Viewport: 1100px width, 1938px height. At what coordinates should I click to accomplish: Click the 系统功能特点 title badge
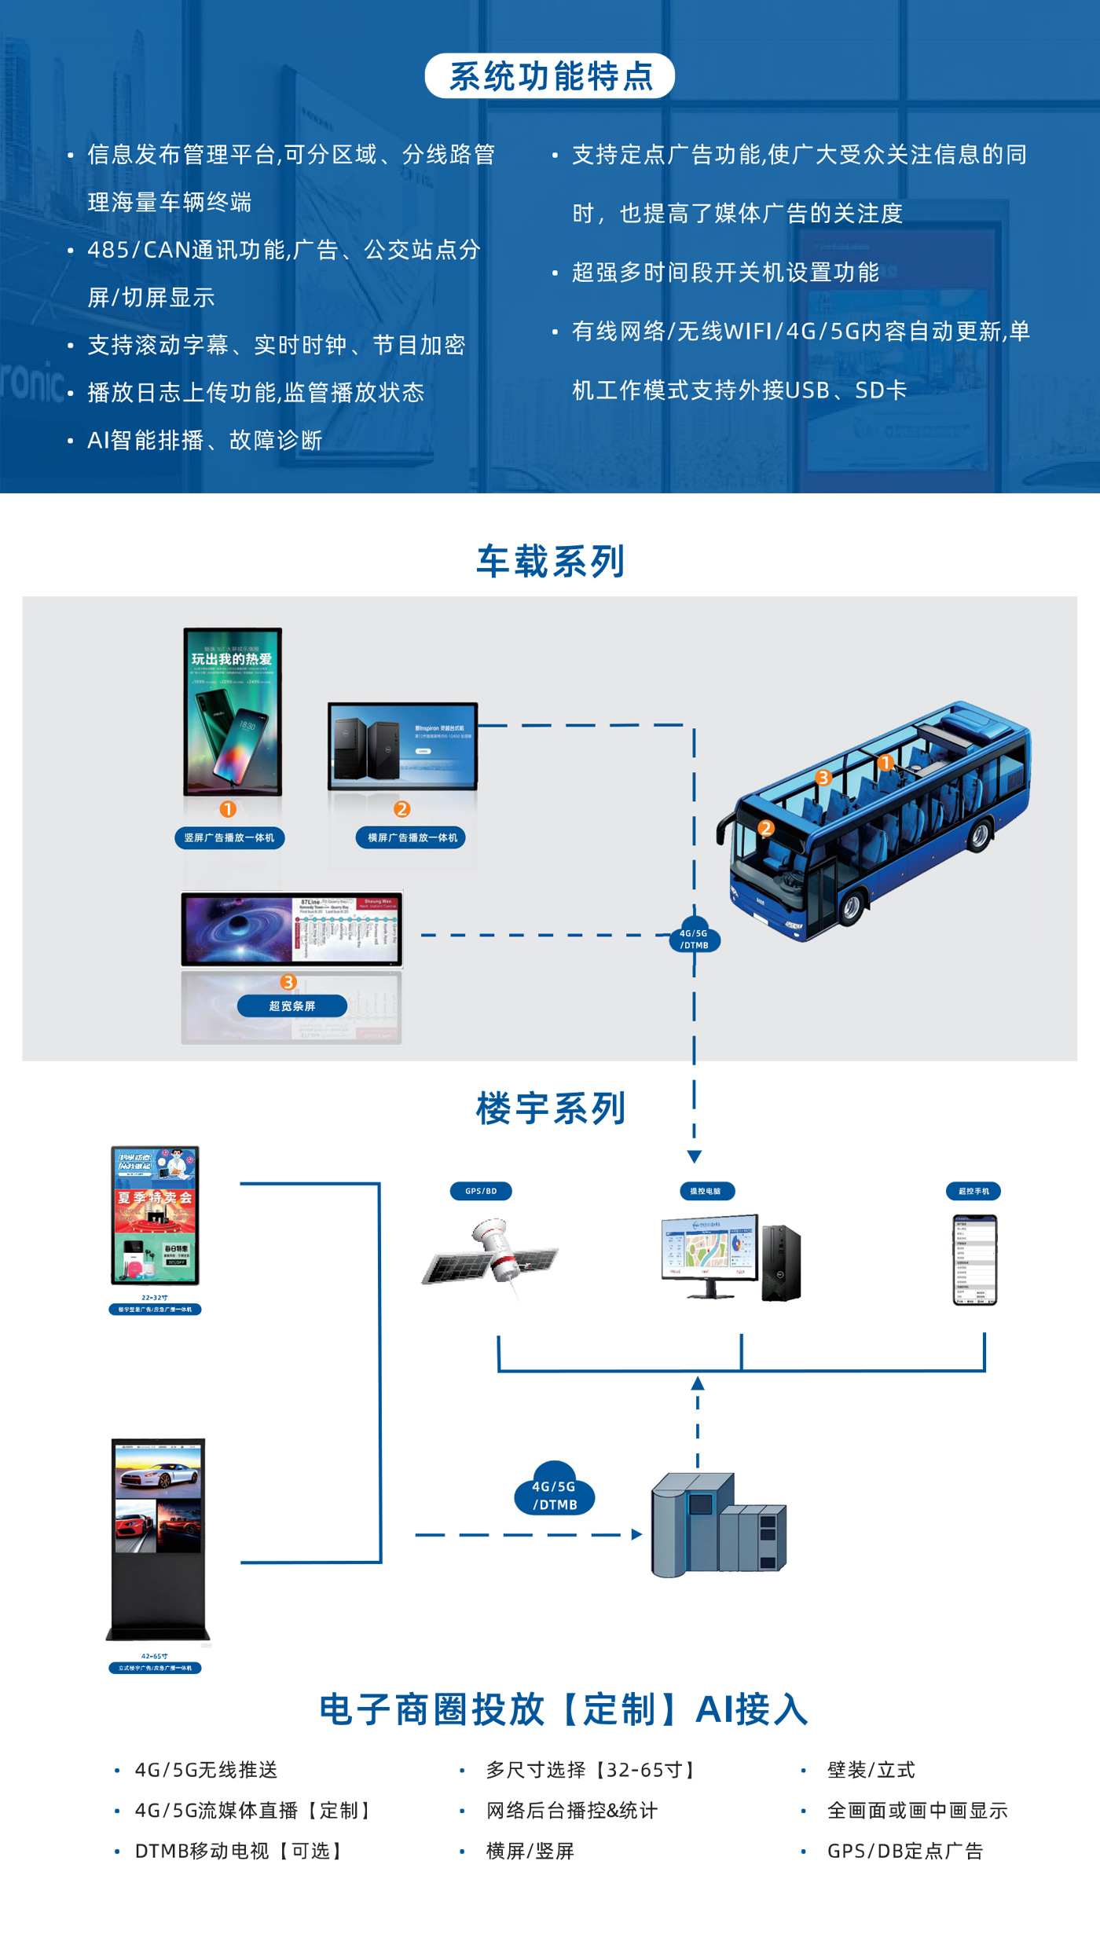tap(550, 76)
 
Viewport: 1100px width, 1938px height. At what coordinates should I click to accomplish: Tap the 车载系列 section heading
tap(550, 562)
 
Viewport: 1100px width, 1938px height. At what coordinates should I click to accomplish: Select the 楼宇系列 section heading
tap(550, 1108)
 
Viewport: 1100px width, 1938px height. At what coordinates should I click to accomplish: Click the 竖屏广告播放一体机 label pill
tap(229, 837)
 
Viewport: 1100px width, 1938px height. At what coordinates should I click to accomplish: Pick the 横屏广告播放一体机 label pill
tap(412, 837)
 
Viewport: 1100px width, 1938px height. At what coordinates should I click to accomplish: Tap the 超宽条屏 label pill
tap(292, 1006)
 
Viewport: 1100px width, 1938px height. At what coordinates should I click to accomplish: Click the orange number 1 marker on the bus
tap(885, 763)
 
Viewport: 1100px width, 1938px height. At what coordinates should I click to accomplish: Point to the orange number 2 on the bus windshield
tap(766, 828)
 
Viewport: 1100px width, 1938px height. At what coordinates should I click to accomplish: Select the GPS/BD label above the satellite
tap(481, 1191)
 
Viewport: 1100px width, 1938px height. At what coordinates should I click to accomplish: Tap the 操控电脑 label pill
tap(706, 1191)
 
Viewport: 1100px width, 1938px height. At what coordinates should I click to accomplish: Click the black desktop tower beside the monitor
tap(781, 1262)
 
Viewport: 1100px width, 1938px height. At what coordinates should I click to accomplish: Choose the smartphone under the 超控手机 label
tap(974, 1259)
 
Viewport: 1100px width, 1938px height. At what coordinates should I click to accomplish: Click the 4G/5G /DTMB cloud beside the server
tap(555, 1490)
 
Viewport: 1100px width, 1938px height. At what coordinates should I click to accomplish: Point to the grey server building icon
tap(717, 1526)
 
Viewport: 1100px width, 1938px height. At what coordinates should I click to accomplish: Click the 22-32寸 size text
tap(154, 1298)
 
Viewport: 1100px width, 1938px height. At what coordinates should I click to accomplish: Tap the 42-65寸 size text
tap(154, 1656)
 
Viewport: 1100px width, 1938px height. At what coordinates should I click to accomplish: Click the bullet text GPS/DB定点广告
tap(904, 1851)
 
